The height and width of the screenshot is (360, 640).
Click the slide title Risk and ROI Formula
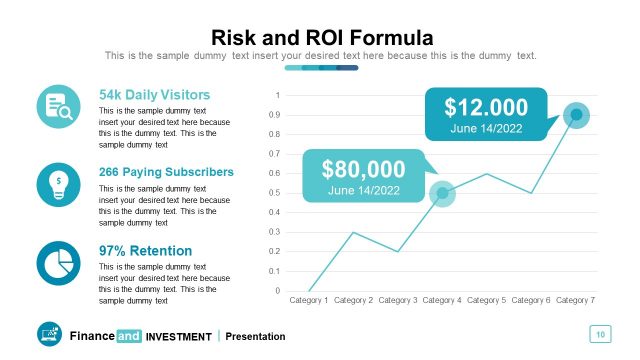point(320,37)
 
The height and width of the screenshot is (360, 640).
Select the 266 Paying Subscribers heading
point(166,172)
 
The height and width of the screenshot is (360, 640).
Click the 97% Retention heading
point(145,250)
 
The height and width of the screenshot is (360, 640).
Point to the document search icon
point(58,107)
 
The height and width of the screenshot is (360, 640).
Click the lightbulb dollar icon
point(58,184)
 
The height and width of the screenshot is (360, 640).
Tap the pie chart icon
point(58,262)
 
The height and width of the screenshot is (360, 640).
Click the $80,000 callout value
point(363,169)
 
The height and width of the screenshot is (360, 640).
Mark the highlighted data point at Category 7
point(576,115)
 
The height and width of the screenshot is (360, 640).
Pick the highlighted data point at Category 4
point(442,193)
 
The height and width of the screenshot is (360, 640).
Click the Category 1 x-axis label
point(309,300)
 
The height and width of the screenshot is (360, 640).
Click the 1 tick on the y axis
point(278,96)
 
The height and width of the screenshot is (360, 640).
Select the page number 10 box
point(600,334)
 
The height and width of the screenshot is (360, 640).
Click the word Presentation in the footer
point(255,337)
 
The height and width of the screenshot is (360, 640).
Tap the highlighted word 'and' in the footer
point(129,337)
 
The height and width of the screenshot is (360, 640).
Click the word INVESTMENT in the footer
point(179,337)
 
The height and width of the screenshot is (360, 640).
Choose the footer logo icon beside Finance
point(49,335)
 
